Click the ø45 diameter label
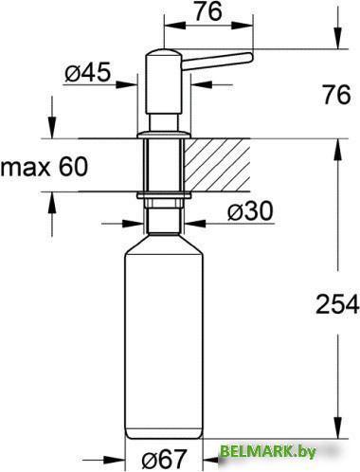click(88, 72)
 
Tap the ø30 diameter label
click(250, 210)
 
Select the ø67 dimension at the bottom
click(164, 460)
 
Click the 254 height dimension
click(337, 304)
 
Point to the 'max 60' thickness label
click(44, 167)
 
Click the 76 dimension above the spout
click(207, 11)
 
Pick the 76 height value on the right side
click(336, 95)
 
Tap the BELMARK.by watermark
click(268, 452)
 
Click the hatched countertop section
click(217, 165)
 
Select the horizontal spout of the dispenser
click(217, 61)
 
